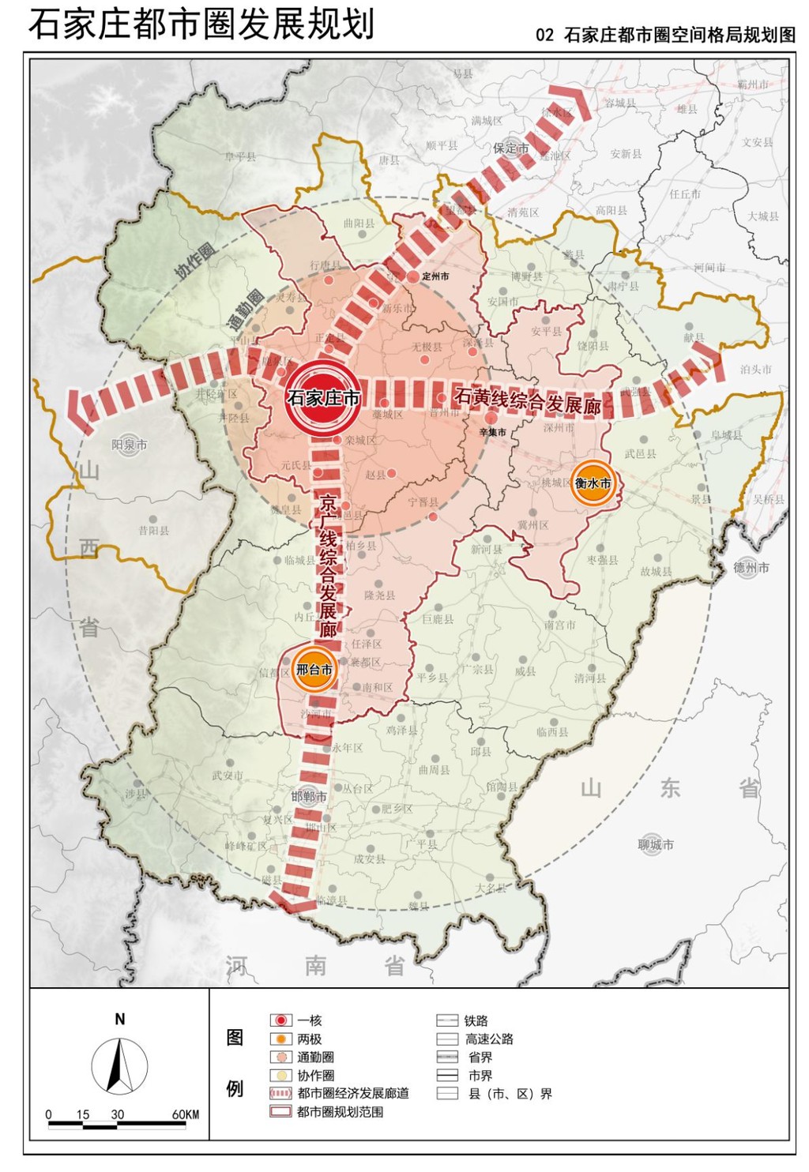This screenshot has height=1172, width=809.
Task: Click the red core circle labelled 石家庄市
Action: click(x=323, y=397)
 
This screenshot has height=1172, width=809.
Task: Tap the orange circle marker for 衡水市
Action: click(x=593, y=483)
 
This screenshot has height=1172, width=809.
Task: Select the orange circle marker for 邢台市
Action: click(x=314, y=670)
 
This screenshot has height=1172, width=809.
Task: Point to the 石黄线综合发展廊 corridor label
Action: click(x=528, y=401)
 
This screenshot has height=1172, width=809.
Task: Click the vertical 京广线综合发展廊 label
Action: click(x=328, y=565)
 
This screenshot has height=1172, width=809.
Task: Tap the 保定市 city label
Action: click(x=510, y=148)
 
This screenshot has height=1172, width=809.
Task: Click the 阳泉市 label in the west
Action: click(x=129, y=445)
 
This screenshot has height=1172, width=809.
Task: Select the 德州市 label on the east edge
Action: click(x=751, y=567)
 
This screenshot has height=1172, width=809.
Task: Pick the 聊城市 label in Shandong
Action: click(x=656, y=844)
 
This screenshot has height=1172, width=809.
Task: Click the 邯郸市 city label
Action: click(x=308, y=796)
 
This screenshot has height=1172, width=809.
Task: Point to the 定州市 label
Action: click(x=435, y=276)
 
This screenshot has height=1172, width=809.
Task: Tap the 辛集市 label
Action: click(x=493, y=432)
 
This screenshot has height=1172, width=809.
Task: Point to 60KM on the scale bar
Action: click(x=186, y=1114)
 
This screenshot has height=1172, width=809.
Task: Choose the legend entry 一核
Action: click(x=309, y=1020)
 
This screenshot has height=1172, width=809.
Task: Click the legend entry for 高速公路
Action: click(x=488, y=1039)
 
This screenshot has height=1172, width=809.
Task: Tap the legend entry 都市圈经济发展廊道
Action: click(x=352, y=1093)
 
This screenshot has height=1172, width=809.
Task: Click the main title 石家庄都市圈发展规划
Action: click(x=201, y=24)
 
